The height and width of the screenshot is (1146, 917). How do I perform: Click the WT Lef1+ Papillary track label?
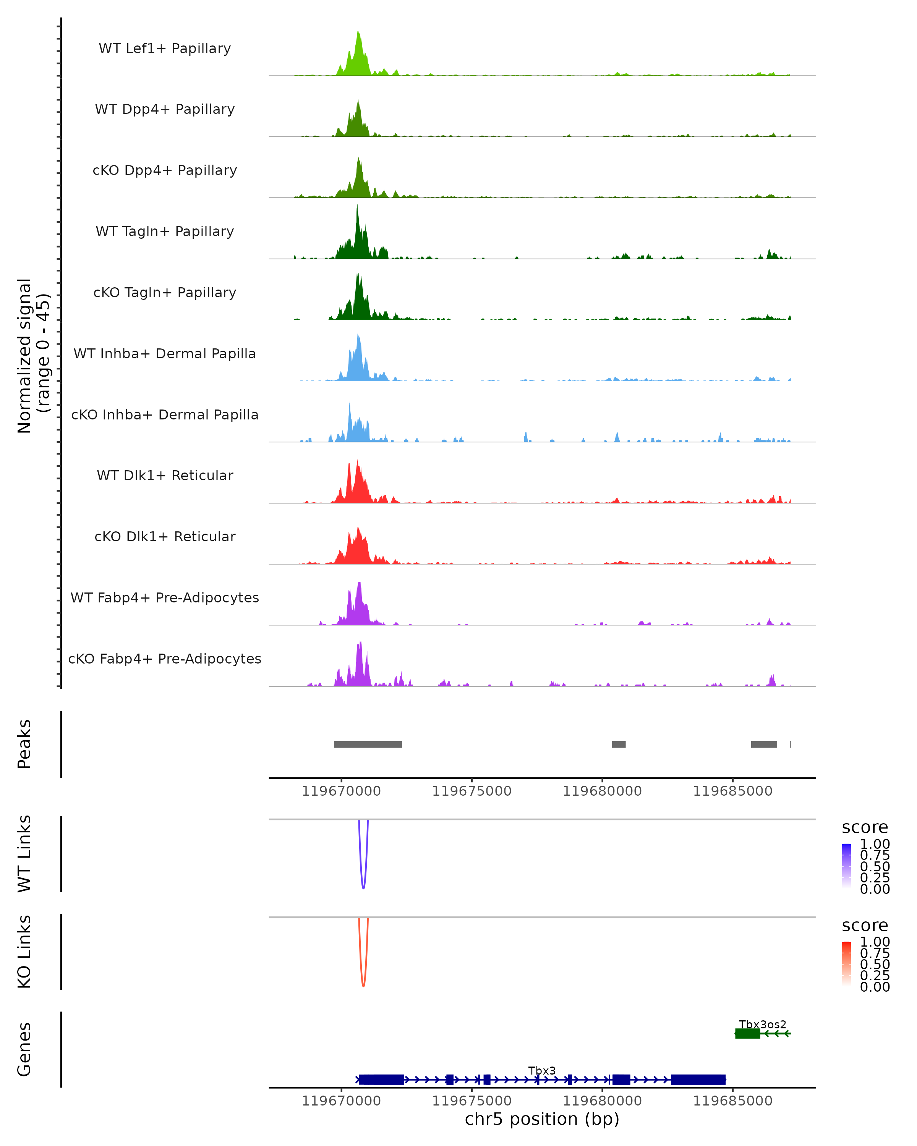pos(165,49)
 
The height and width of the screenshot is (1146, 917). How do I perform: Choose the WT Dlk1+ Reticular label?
pos(165,475)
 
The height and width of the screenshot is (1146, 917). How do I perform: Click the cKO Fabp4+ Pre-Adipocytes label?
pos(165,659)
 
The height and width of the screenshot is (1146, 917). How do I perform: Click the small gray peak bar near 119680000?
pos(618,744)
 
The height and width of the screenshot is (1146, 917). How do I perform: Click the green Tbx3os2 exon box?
pos(747,1033)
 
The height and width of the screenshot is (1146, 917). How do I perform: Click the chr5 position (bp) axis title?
pos(542,1119)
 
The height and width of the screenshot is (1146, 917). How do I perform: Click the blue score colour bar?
pos(846,866)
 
